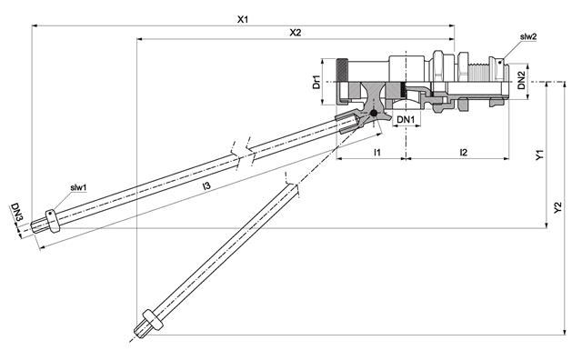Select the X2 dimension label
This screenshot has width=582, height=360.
coord(295,33)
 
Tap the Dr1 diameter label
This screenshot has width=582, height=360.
coord(316,82)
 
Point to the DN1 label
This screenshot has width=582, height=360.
coord(406,119)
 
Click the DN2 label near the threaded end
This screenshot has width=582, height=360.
coord(515,81)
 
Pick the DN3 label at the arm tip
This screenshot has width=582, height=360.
coord(15,212)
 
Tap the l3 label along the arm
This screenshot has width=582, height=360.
coord(206,186)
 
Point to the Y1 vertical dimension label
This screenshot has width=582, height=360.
coord(540,155)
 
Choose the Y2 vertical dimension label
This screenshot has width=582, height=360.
coord(557,208)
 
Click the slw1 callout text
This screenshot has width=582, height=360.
coord(79,187)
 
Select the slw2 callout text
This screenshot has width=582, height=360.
coord(527,37)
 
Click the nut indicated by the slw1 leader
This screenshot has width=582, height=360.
coord(52,219)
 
